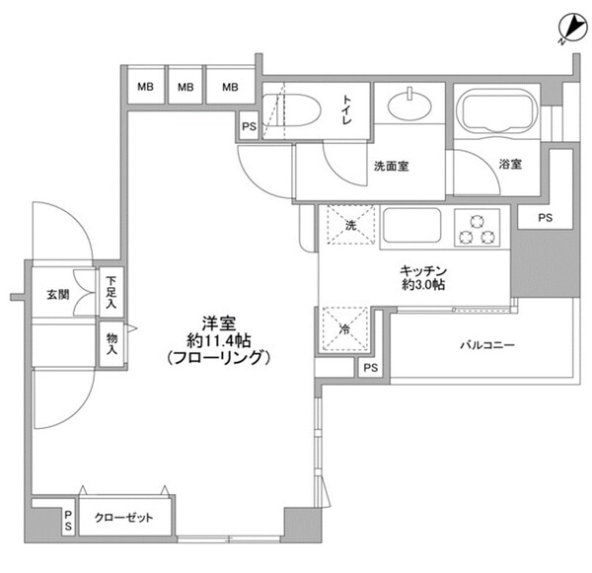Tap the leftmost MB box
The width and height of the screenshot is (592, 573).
coord(144,88)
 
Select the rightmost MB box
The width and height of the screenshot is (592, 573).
coord(230,88)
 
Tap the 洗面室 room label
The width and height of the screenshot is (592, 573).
coord(391,166)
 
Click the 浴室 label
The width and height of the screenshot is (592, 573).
coord(509,165)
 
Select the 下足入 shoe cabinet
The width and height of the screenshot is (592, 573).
coord(112,293)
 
